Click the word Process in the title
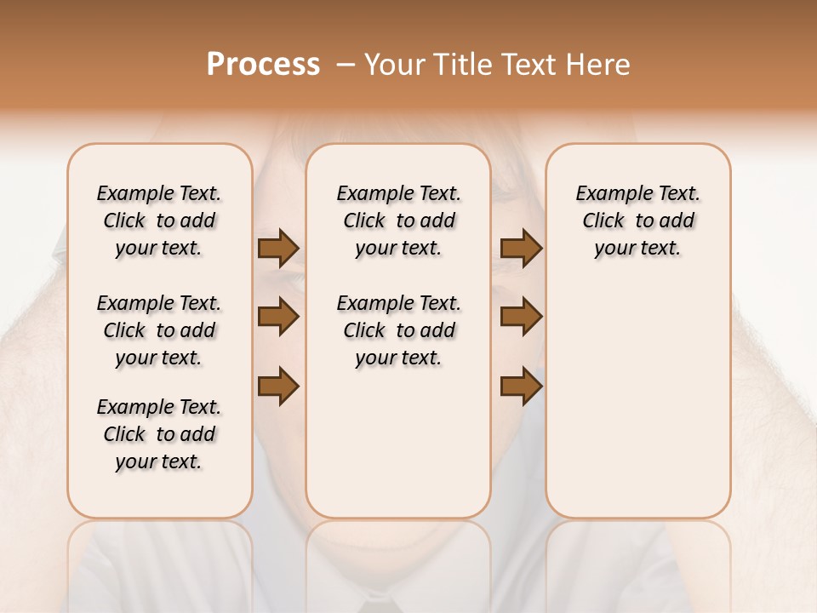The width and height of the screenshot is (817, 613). (263, 65)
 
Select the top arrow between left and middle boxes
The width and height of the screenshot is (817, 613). (278, 249)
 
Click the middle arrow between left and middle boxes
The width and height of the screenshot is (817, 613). (278, 318)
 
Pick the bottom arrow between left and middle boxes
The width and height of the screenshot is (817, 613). (278, 387)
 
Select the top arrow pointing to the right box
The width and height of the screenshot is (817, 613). (521, 249)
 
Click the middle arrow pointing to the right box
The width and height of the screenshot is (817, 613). (521, 318)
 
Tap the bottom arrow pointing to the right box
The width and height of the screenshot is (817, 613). (521, 387)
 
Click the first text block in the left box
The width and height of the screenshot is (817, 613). (159, 221)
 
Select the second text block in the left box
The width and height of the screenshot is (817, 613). (159, 330)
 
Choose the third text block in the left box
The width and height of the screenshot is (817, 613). (159, 434)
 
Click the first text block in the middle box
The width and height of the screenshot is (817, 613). (398, 221)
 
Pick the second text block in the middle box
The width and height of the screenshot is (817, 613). (398, 330)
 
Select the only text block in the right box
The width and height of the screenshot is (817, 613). (637, 221)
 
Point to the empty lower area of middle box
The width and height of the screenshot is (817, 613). (398, 443)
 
